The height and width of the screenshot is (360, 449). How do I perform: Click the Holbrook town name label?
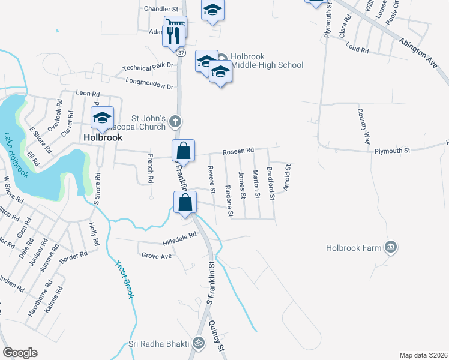point(102,137)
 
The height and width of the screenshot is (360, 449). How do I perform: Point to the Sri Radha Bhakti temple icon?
point(199,343)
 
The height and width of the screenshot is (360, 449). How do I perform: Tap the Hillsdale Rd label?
point(179,239)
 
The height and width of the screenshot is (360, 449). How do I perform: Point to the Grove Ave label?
point(157,256)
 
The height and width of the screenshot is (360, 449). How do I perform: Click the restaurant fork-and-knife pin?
point(173,36)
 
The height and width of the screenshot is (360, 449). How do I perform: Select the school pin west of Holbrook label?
point(102,118)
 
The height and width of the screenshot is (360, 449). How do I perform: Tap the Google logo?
point(20,353)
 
